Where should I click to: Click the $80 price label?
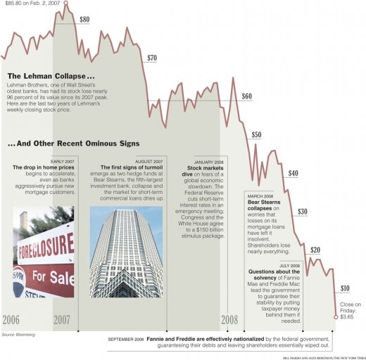(84, 20)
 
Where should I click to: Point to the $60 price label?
(246, 96)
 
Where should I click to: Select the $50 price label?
(256, 134)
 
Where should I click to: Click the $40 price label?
(294, 173)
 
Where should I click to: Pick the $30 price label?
(303, 211)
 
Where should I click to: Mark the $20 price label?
(315, 250)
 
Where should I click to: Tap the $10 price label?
(345, 288)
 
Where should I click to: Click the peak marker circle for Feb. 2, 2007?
(66, 4)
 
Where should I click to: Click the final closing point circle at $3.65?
(336, 318)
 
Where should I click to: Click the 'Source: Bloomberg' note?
(18, 334)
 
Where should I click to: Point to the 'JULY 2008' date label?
(289, 265)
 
